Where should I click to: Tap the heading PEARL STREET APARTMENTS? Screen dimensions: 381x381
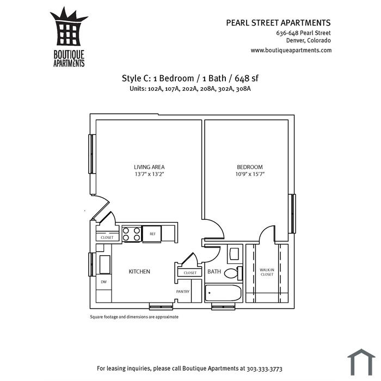[278, 23]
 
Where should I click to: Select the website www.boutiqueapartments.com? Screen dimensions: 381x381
[291, 50]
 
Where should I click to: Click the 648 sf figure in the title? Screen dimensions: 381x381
[247, 78]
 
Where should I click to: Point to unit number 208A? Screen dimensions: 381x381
[208, 89]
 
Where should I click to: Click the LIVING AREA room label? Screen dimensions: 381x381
[149, 167]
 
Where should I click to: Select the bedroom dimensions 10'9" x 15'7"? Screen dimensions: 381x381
[250, 174]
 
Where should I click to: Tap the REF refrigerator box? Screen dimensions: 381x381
[152, 234]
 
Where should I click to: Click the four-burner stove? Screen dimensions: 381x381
[132, 234]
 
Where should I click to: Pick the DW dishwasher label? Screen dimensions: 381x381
[104, 282]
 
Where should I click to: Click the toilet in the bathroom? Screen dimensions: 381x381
[233, 273]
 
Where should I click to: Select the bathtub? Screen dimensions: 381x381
[223, 293]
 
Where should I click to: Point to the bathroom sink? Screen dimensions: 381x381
[235, 254]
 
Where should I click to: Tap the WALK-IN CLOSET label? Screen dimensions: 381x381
[267, 272]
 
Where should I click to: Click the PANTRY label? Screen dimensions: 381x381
[183, 291]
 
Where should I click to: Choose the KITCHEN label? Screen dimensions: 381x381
[139, 272]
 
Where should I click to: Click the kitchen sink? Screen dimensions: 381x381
[105, 265]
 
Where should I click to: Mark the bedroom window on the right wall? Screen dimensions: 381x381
[293, 213]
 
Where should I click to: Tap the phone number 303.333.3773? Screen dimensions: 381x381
[265, 368]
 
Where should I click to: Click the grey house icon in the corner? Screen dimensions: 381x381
[361, 362]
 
